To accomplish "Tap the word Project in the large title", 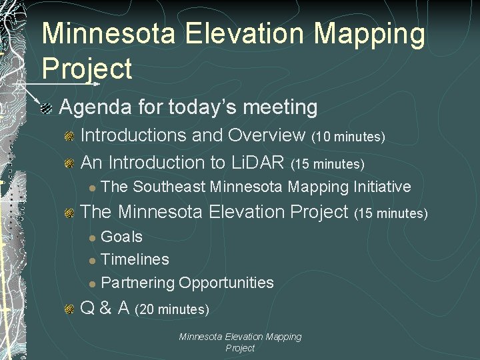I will (x=87, y=69).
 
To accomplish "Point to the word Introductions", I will (x=133, y=135).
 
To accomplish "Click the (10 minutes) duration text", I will (x=348, y=137).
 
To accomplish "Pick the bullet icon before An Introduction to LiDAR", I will (x=69, y=163).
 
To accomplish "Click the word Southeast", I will (x=169, y=187).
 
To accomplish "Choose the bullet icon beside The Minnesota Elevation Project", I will (x=69, y=213).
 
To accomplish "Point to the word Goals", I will (x=121, y=237).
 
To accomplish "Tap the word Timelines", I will (x=135, y=259).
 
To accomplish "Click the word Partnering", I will (x=137, y=283).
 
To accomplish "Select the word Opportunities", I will (x=226, y=283).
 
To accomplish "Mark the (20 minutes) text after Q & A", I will (x=172, y=309).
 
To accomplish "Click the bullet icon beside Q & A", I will (x=69, y=309).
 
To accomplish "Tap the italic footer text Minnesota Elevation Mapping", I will (x=240, y=337).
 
